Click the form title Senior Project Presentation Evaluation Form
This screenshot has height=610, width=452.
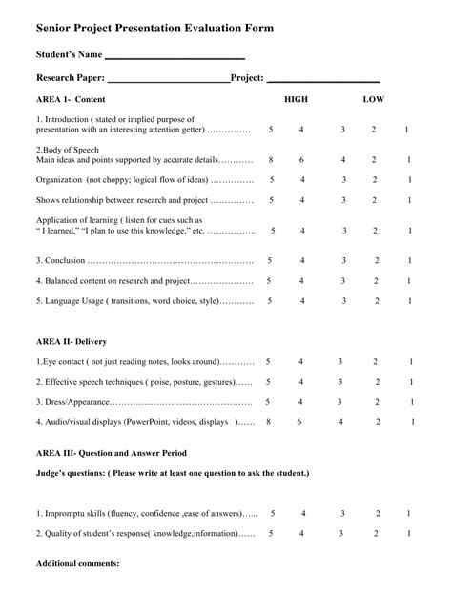[x=154, y=30]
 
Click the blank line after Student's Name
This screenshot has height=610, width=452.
[x=175, y=58]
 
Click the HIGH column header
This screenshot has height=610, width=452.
[x=297, y=99]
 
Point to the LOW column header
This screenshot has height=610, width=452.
[x=374, y=99]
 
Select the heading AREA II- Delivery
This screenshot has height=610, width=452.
[x=72, y=341]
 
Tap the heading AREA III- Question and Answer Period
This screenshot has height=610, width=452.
[x=112, y=452]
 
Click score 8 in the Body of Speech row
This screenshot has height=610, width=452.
[x=271, y=160]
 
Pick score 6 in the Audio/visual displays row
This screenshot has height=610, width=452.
[x=300, y=421]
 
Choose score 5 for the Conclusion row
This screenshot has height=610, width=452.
[x=269, y=260]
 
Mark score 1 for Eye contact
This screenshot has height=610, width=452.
[x=411, y=362]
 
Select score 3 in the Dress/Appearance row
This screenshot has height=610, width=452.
[x=339, y=402]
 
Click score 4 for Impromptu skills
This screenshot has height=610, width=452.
[x=303, y=513]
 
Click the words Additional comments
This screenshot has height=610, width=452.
[x=77, y=563]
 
